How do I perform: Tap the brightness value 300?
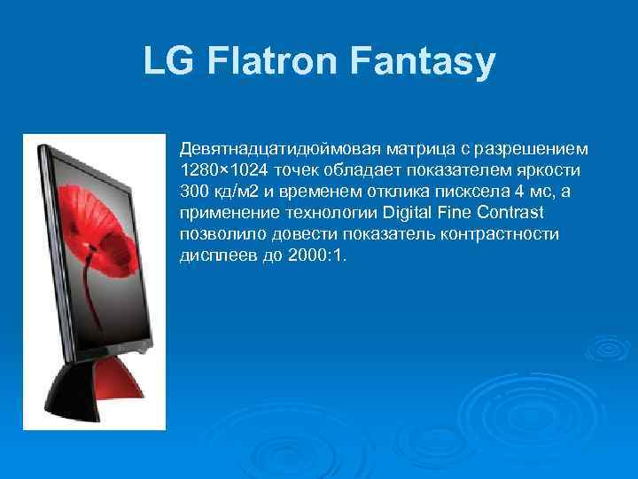(192, 192)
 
